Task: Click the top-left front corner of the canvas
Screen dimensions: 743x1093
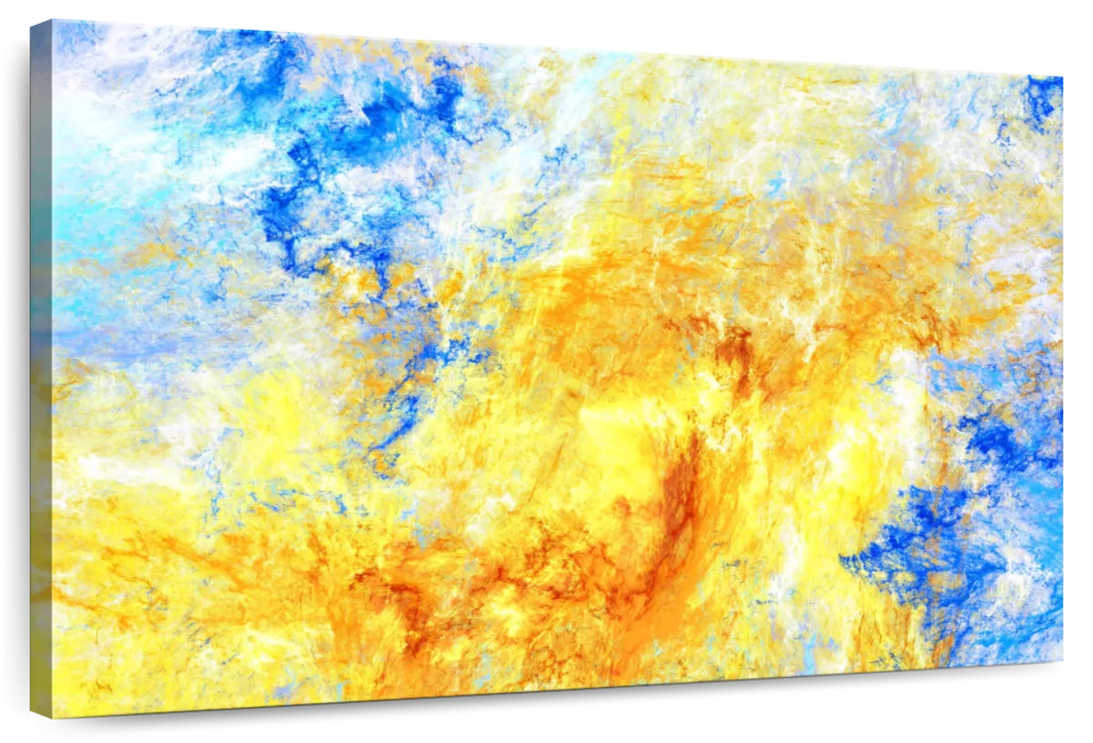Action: (53, 20)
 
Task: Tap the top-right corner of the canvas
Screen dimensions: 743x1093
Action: (1062, 76)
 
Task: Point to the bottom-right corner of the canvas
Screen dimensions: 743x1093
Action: (1062, 661)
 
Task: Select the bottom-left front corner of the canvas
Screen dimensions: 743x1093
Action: (53, 718)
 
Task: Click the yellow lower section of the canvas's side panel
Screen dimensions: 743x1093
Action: (41, 592)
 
